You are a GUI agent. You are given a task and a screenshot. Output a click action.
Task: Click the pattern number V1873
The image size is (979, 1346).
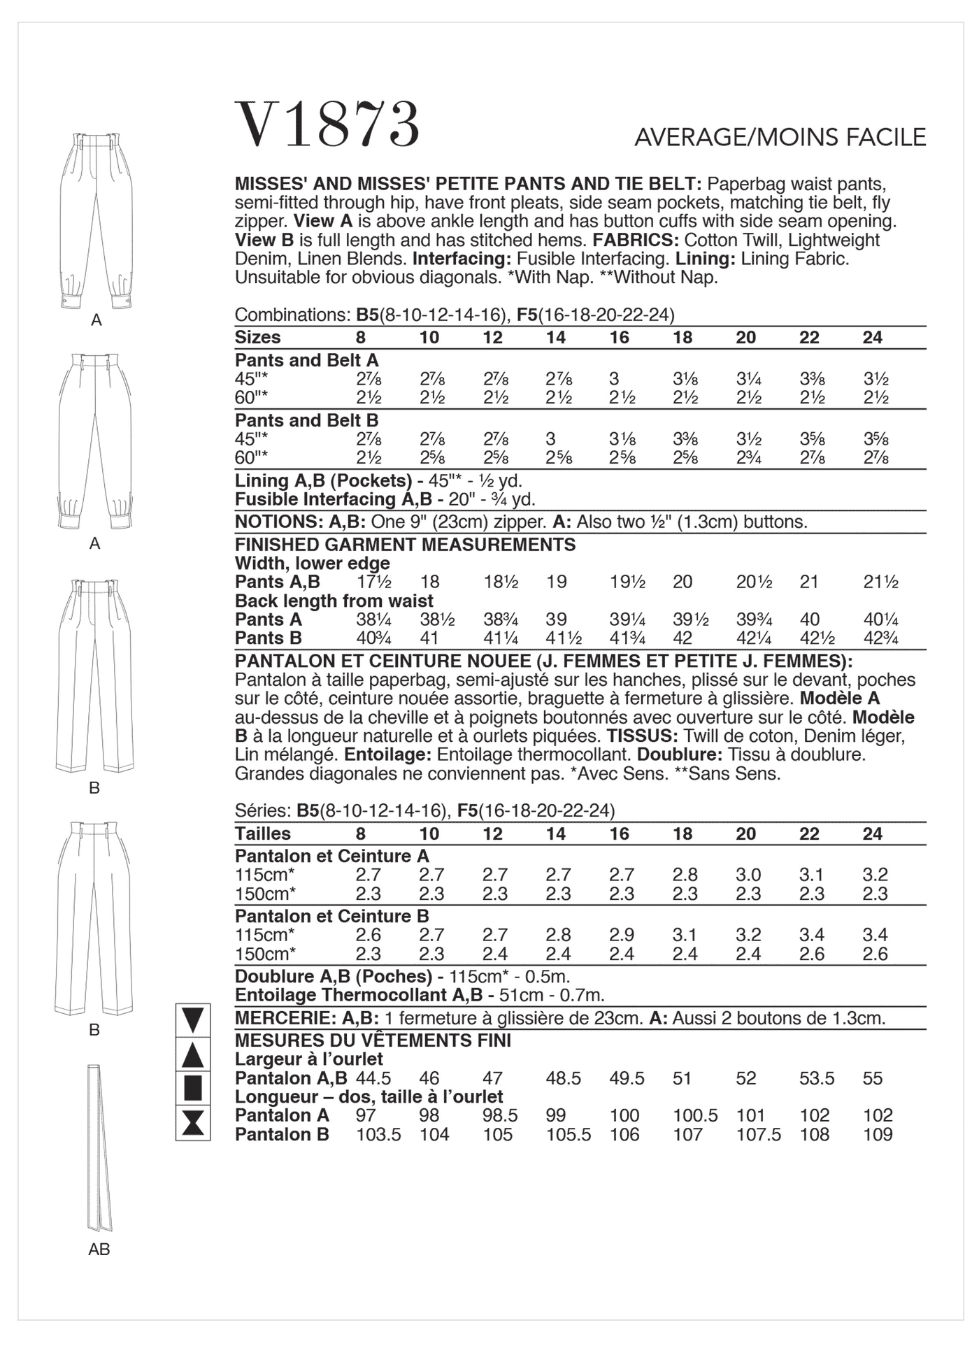coord(327,125)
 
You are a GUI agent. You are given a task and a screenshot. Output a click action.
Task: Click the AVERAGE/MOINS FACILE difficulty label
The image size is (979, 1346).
coord(780,138)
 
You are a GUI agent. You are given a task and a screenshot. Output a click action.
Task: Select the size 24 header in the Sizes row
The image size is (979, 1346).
coord(872,338)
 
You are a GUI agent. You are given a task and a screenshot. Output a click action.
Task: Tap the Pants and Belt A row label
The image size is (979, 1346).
coord(306,360)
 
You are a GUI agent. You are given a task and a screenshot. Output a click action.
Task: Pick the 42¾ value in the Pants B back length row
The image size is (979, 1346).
coord(880,638)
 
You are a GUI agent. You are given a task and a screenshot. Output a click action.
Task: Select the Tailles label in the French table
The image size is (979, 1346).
coord(262,833)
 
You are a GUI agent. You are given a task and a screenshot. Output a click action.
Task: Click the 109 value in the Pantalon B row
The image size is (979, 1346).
coord(877,1134)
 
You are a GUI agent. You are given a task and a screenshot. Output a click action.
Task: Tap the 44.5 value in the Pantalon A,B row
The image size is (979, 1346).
coord(373,1078)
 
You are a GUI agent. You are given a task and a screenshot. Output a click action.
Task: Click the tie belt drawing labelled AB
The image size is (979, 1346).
coord(99,1147)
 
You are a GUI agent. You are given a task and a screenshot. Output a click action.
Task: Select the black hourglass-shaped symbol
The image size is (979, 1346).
coord(192,1122)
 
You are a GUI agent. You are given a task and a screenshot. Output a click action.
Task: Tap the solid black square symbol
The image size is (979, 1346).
coord(192,1089)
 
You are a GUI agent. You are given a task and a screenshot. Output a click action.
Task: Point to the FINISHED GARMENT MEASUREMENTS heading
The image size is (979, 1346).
coord(405,545)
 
